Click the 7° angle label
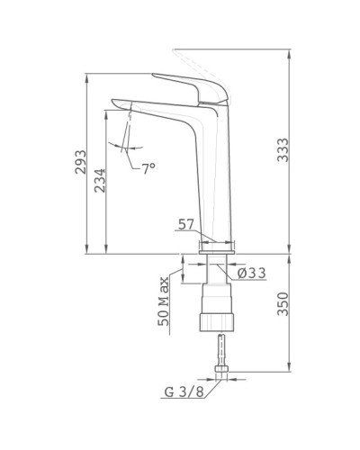click(148, 167)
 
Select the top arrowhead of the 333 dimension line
click(288, 51)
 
